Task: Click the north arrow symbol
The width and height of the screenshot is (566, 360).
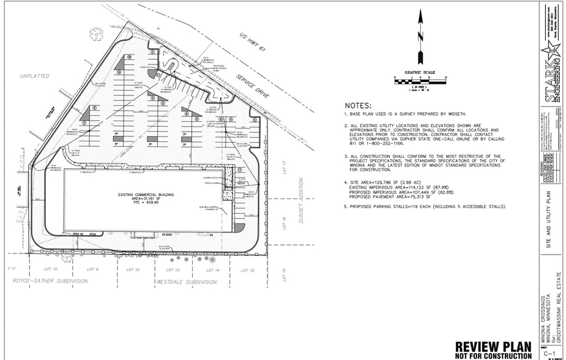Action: tap(420, 37)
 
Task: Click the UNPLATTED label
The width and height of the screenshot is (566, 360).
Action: tap(34, 76)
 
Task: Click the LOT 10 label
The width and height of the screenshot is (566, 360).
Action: tap(51, 269)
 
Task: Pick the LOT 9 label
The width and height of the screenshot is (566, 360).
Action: tap(92, 269)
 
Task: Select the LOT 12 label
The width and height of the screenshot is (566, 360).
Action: tap(133, 269)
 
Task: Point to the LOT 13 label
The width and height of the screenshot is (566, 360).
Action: tap(173, 269)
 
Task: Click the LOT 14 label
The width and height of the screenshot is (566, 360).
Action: tap(212, 269)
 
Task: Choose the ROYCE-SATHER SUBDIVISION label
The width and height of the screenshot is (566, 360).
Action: tap(50, 282)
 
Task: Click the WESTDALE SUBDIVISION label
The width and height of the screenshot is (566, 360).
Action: tap(186, 282)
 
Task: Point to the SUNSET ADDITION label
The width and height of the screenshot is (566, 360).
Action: tap(301, 200)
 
